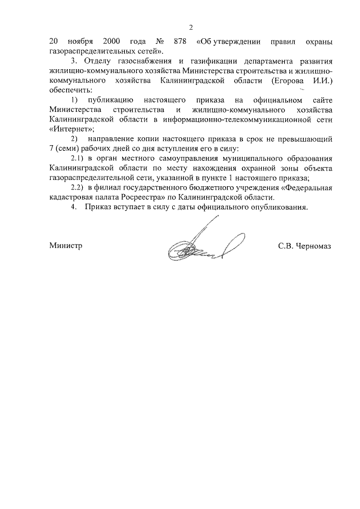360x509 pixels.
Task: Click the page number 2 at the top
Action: [191, 28]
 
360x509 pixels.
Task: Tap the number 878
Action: [179, 42]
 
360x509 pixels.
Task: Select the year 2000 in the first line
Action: [113, 42]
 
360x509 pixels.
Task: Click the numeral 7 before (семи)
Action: [51, 148]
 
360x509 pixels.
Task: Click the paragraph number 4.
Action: [73, 208]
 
